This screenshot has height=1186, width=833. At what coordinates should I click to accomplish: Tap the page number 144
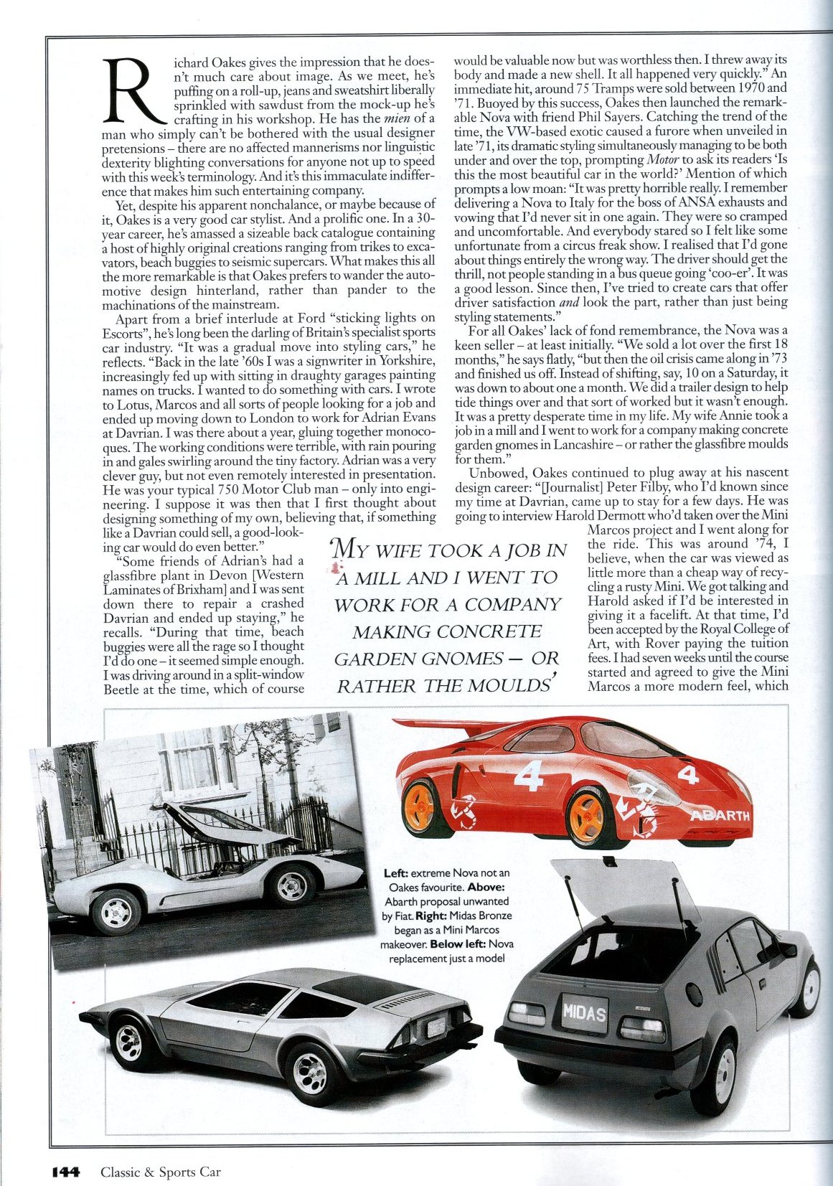(x=67, y=1172)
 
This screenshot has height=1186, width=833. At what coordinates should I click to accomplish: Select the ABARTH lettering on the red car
(x=720, y=816)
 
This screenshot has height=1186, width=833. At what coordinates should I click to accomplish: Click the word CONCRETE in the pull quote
(x=498, y=631)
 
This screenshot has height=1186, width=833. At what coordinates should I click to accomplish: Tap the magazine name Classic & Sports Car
(x=161, y=1172)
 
